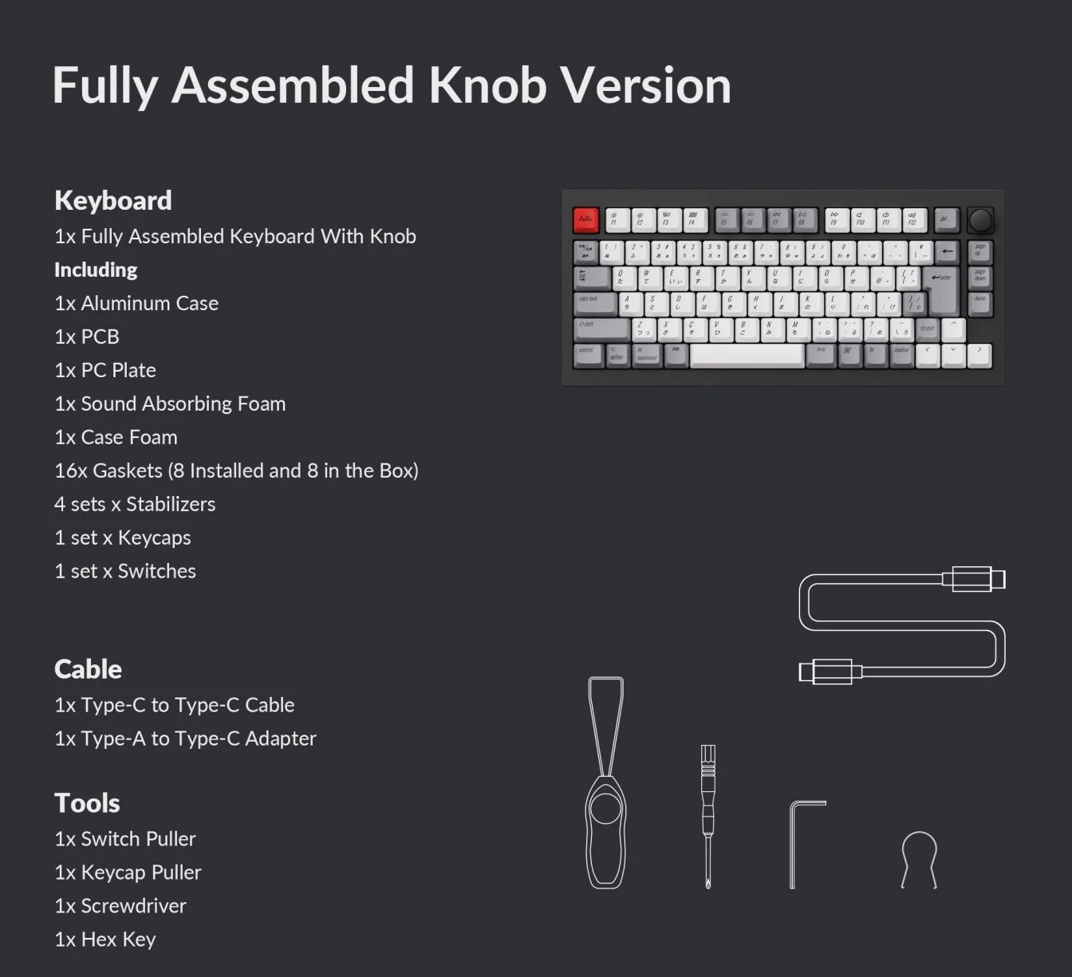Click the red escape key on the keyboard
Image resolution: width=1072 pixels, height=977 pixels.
[x=585, y=219]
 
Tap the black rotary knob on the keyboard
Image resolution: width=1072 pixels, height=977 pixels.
[x=980, y=219]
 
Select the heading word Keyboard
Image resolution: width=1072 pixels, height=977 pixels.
[x=112, y=200]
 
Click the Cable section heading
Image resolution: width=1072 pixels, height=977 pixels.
[x=88, y=669]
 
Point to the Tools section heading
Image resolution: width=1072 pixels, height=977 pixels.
[x=87, y=803]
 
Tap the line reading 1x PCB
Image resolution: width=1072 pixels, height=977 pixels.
[x=87, y=337]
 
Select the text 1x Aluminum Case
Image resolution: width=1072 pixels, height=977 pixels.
[x=136, y=303]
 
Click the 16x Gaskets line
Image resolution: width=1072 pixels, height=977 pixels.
[x=236, y=471]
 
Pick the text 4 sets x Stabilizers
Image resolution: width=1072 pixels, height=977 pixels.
[x=135, y=504]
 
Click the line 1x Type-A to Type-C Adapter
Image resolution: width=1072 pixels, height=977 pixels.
[x=185, y=739]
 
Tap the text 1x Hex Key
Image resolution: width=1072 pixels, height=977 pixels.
[x=105, y=940]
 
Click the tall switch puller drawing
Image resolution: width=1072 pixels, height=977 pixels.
[x=606, y=786]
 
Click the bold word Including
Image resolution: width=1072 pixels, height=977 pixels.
[x=96, y=270]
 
